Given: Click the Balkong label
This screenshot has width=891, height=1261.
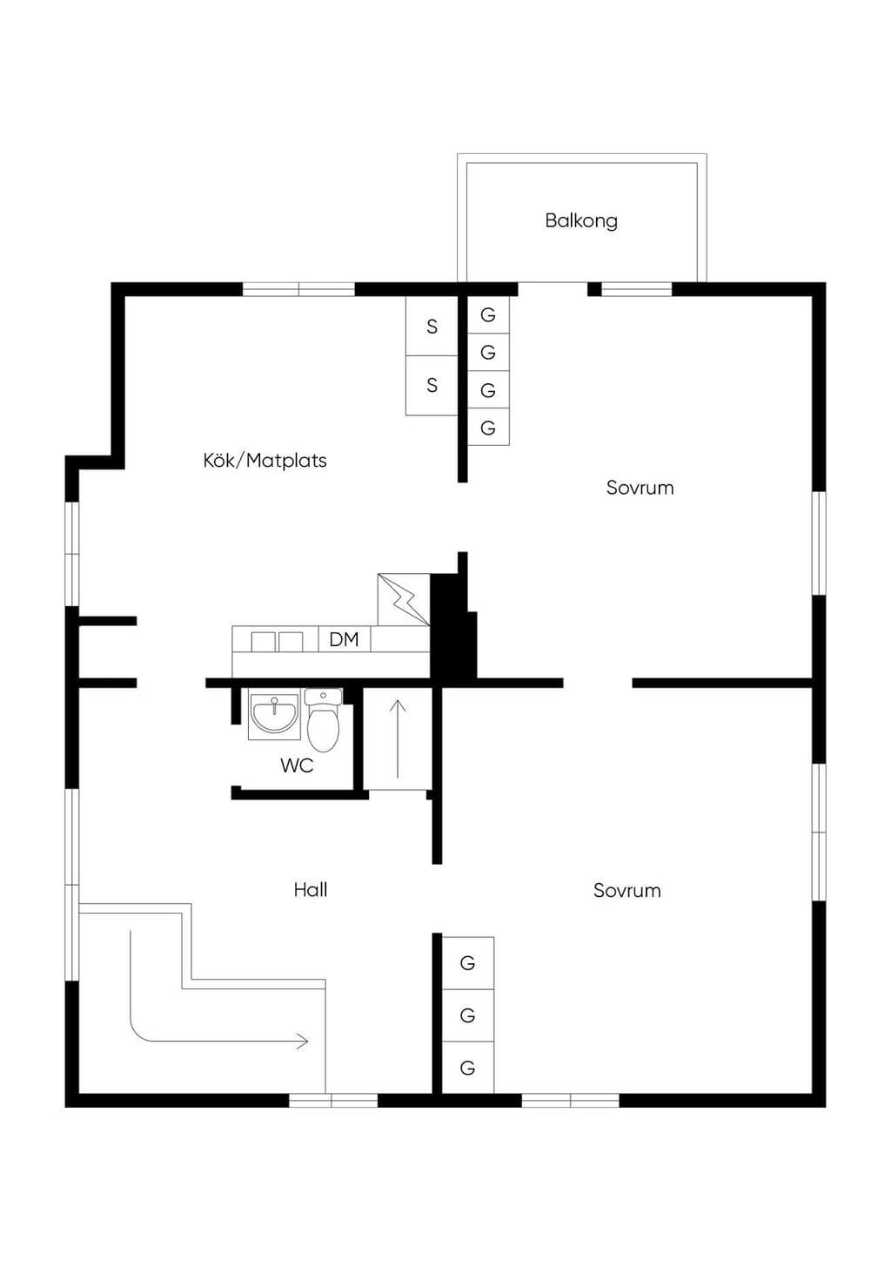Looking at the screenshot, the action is [581, 220].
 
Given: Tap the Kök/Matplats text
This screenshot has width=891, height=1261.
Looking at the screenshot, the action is [265, 461].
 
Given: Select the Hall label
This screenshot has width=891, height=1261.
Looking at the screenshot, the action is [311, 889].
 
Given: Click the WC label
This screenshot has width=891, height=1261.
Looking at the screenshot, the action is [297, 765].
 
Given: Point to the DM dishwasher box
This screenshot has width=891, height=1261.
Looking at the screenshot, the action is [345, 639].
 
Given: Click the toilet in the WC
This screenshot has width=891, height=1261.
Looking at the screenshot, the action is [324, 720].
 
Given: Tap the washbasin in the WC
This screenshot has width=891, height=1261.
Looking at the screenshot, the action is [274, 714].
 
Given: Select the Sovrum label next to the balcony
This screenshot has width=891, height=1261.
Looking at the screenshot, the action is [640, 488].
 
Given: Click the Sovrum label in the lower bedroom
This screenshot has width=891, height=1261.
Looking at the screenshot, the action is [627, 890].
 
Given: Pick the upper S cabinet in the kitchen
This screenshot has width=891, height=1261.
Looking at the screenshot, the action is [432, 326].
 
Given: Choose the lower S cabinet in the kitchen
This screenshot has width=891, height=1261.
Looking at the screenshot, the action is [432, 386].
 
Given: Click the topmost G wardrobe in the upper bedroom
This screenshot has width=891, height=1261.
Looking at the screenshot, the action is [488, 314].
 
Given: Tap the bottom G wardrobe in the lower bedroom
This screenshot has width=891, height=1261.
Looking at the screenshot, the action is [467, 1068].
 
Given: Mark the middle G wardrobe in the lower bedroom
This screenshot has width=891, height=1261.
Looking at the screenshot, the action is [467, 1015].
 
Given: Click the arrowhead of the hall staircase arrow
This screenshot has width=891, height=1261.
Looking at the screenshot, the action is [304, 1042].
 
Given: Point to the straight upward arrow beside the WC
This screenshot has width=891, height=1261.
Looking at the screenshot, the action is [398, 738].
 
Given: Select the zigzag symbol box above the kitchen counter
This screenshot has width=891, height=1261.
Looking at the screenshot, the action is [404, 599].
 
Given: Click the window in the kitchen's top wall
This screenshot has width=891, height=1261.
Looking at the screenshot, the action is [298, 289].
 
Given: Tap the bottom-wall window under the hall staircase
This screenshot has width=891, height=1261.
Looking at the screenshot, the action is [333, 1100].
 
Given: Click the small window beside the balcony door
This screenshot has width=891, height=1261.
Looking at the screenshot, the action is [637, 289].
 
